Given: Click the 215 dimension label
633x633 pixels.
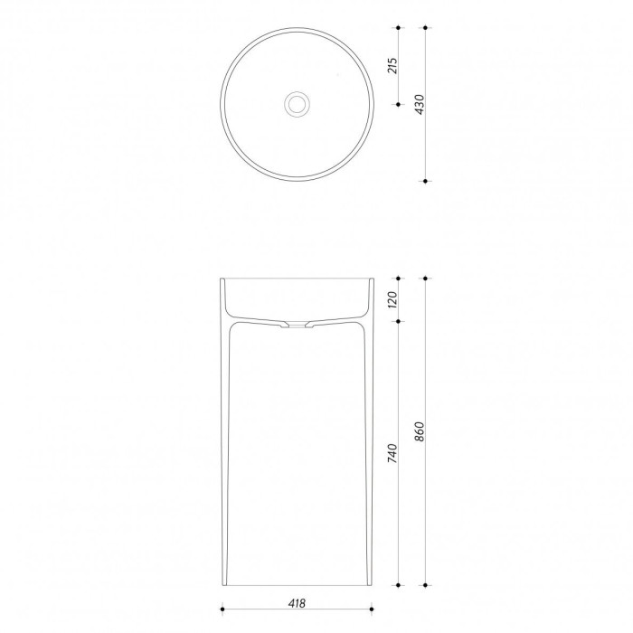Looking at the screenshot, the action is tap(392, 66).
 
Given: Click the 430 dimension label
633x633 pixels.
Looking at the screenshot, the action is tap(420, 105).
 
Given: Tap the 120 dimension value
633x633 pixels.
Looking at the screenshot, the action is tap(392, 299).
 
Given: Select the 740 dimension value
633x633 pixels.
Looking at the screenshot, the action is tap(392, 453).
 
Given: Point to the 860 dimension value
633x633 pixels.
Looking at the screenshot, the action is tap(420, 431).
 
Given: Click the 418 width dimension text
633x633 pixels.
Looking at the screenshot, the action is tap(297, 603).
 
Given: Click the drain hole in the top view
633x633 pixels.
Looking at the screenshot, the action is tap(297, 103).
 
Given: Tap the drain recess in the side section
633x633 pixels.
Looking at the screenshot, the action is tap(297, 325).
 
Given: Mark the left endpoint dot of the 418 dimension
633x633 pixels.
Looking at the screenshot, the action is tap(222, 609).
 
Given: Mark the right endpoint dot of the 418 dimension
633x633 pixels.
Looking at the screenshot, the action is tap(372, 609).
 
